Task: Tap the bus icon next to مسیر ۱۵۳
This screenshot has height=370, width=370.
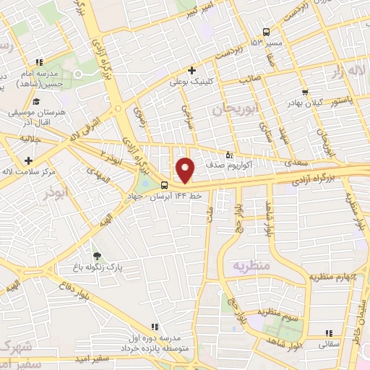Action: pyautogui.click(x=267, y=32)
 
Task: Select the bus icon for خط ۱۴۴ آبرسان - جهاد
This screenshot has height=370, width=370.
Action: pyautogui.click(x=165, y=184)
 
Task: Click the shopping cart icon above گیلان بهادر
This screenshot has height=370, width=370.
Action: pyautogui.click(x=306, y=92)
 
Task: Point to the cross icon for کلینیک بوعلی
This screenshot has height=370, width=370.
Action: pyautogui.click(x=192, y=71)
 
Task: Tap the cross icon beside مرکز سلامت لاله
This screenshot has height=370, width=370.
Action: pyautogui.click(x=28, y=160)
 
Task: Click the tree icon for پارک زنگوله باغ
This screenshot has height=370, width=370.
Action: pyautogui.click(x=96, y=256)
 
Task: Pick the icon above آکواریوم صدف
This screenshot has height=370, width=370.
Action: pyautogui.click(x=230, y=154)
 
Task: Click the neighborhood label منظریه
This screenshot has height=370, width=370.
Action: pyautogui.click(x=251, y=266)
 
